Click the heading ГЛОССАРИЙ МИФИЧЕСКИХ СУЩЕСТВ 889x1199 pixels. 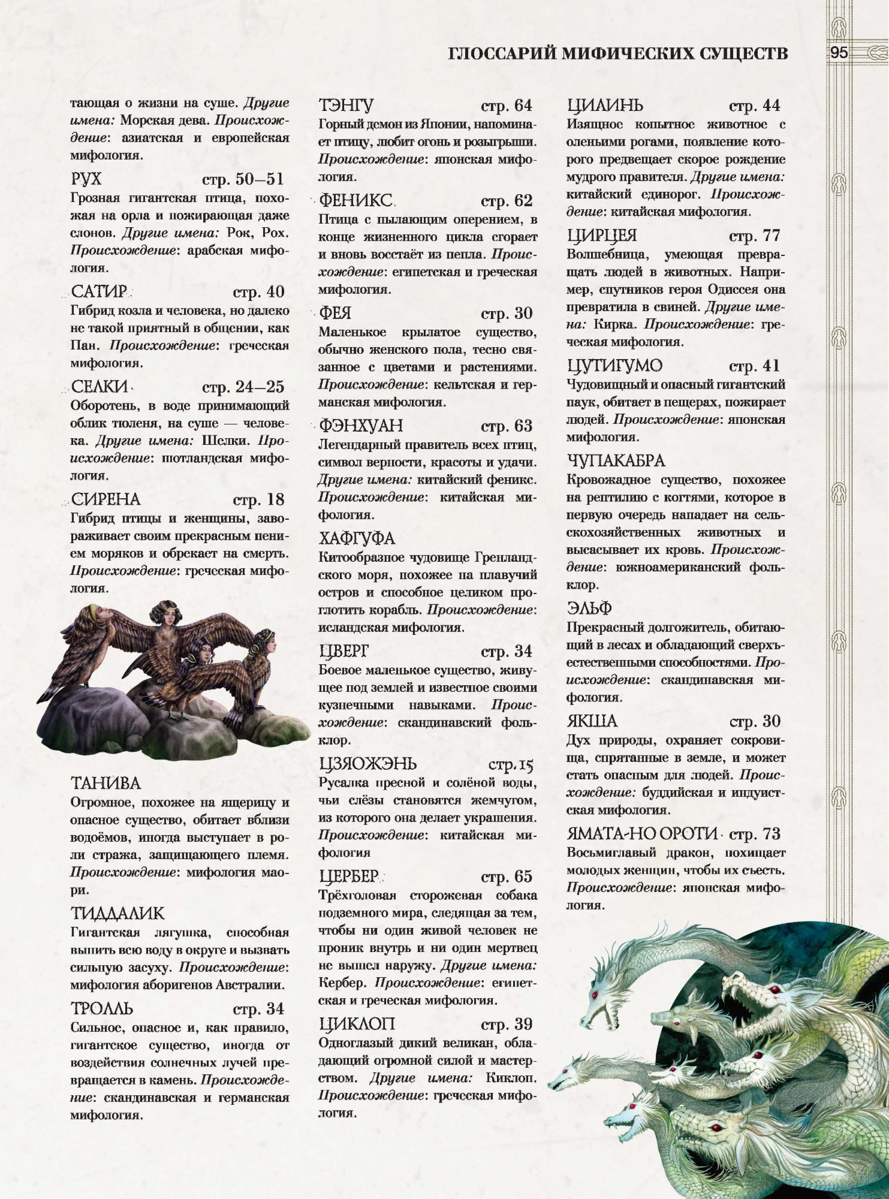pyautogui.click(x=617, y=54)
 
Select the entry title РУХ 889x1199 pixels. pyautogui.click(x=86, y=179)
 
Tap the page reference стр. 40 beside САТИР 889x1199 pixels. pyautogui.click(x=258, y=292)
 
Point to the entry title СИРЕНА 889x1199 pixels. pyautogui.click(x=106, y=499)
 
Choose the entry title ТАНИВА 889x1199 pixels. pyautogui.click(x=106, y=784)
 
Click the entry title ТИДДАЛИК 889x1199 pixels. pyautogui.click(x=117, y=914)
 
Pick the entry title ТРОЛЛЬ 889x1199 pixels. pyautogui.click(x=102, y=1008)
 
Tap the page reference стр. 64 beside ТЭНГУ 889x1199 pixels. pyautogui.click(x=507, y=106)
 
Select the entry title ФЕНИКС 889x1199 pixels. pyautogui.click(x=355, y=200)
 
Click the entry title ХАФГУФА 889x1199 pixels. pyautogui.click(x=357, y=538)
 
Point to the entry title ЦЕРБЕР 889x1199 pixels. pyautogui.click(x=349, y=876)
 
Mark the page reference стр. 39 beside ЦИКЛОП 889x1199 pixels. pyautogui.click(x=507, y=1025)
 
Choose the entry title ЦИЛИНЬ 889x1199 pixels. pyautogui.click(x=605, y=106)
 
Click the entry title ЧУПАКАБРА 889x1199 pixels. pyautogui.click(x=616, y=460)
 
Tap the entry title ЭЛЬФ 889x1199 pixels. pyautogui.click(x=589, y=608)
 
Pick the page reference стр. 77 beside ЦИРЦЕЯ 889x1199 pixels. pyautogui.click(x=755, y=236)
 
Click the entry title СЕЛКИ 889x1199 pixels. pyautogui.click(x=100, y=387)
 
